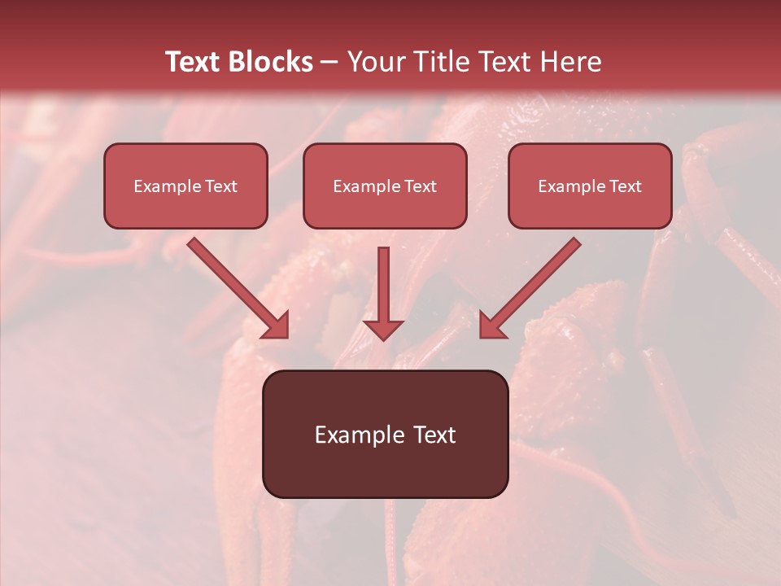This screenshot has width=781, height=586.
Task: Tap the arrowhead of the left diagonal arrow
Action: pos(277,326)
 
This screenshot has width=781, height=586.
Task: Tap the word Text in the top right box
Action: pos(625,186)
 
